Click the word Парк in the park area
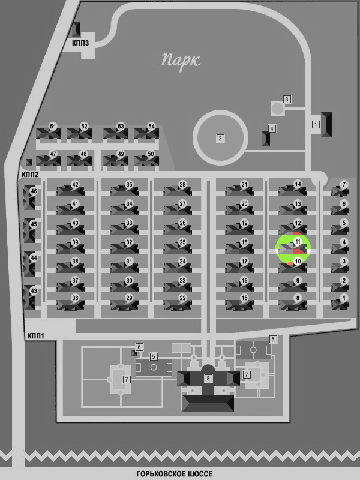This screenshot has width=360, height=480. (181, 61)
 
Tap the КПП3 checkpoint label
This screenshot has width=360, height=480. (80, 43)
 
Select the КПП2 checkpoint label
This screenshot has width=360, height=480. (30, 174)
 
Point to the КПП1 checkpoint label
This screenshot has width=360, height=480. (36, 336)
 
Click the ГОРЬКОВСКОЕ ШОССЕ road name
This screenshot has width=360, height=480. (175, 474)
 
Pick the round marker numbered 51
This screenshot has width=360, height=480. (53, 127)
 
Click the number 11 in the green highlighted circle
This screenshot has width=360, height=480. (298, 242)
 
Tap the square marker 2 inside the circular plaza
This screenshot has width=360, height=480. (220, 139)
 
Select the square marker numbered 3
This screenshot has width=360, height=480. (287, 99)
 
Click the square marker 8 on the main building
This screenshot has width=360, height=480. (208, 378)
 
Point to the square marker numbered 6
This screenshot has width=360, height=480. (139, 347)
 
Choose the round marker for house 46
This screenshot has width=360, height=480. (34, 191)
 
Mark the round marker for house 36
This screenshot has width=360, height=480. (75, 298)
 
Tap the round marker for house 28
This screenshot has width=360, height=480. (182, 185)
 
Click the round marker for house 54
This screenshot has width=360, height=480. (151, 127)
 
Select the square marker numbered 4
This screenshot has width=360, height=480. (272, 128)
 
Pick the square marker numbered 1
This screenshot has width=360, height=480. (316, 124)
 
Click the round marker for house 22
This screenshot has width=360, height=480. (182, 298)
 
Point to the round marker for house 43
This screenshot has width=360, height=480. (34, 291)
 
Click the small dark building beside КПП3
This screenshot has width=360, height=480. (76, 29)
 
